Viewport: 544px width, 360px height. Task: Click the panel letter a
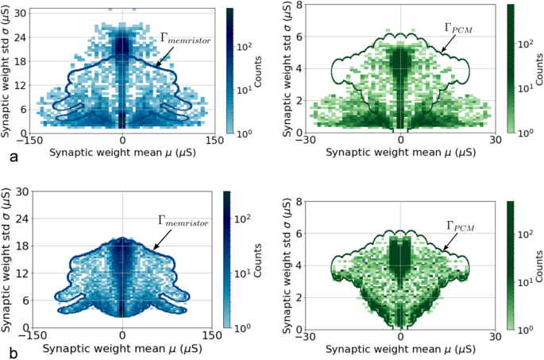(x=12, y=158)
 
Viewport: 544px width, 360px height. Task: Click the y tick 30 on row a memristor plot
(x=23, y=12)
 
